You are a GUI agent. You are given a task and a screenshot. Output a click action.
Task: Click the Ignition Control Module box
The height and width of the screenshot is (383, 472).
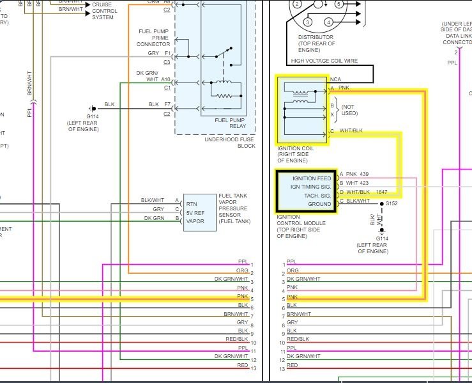pyautogui.click(x=305, y=190)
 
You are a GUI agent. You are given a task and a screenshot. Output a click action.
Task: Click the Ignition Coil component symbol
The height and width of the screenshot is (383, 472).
pyautogui.click(x=301, y=109)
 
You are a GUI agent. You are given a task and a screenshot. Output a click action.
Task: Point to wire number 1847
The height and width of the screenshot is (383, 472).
pyautogui.click(x=381, y=192)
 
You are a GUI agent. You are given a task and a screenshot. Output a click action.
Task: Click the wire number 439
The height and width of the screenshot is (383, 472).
pyautogui.click(x=365, y=174)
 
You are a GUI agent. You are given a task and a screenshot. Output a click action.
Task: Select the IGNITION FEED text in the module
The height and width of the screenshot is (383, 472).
pyautogui.click(x=311, y=178)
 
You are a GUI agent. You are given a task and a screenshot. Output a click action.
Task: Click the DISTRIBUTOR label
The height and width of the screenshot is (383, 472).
pyautogui.click(x=315, y=37)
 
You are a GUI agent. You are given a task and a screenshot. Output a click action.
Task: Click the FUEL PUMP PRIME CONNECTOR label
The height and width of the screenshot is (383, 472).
pyautogui.click(x=153, y=38)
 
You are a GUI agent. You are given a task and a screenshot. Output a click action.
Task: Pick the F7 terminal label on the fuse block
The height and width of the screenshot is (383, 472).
pyautogui.click(x=166, y=104)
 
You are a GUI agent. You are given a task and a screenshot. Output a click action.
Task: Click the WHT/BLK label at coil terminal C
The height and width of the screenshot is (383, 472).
pyautogui.click(x=351, y=132)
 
